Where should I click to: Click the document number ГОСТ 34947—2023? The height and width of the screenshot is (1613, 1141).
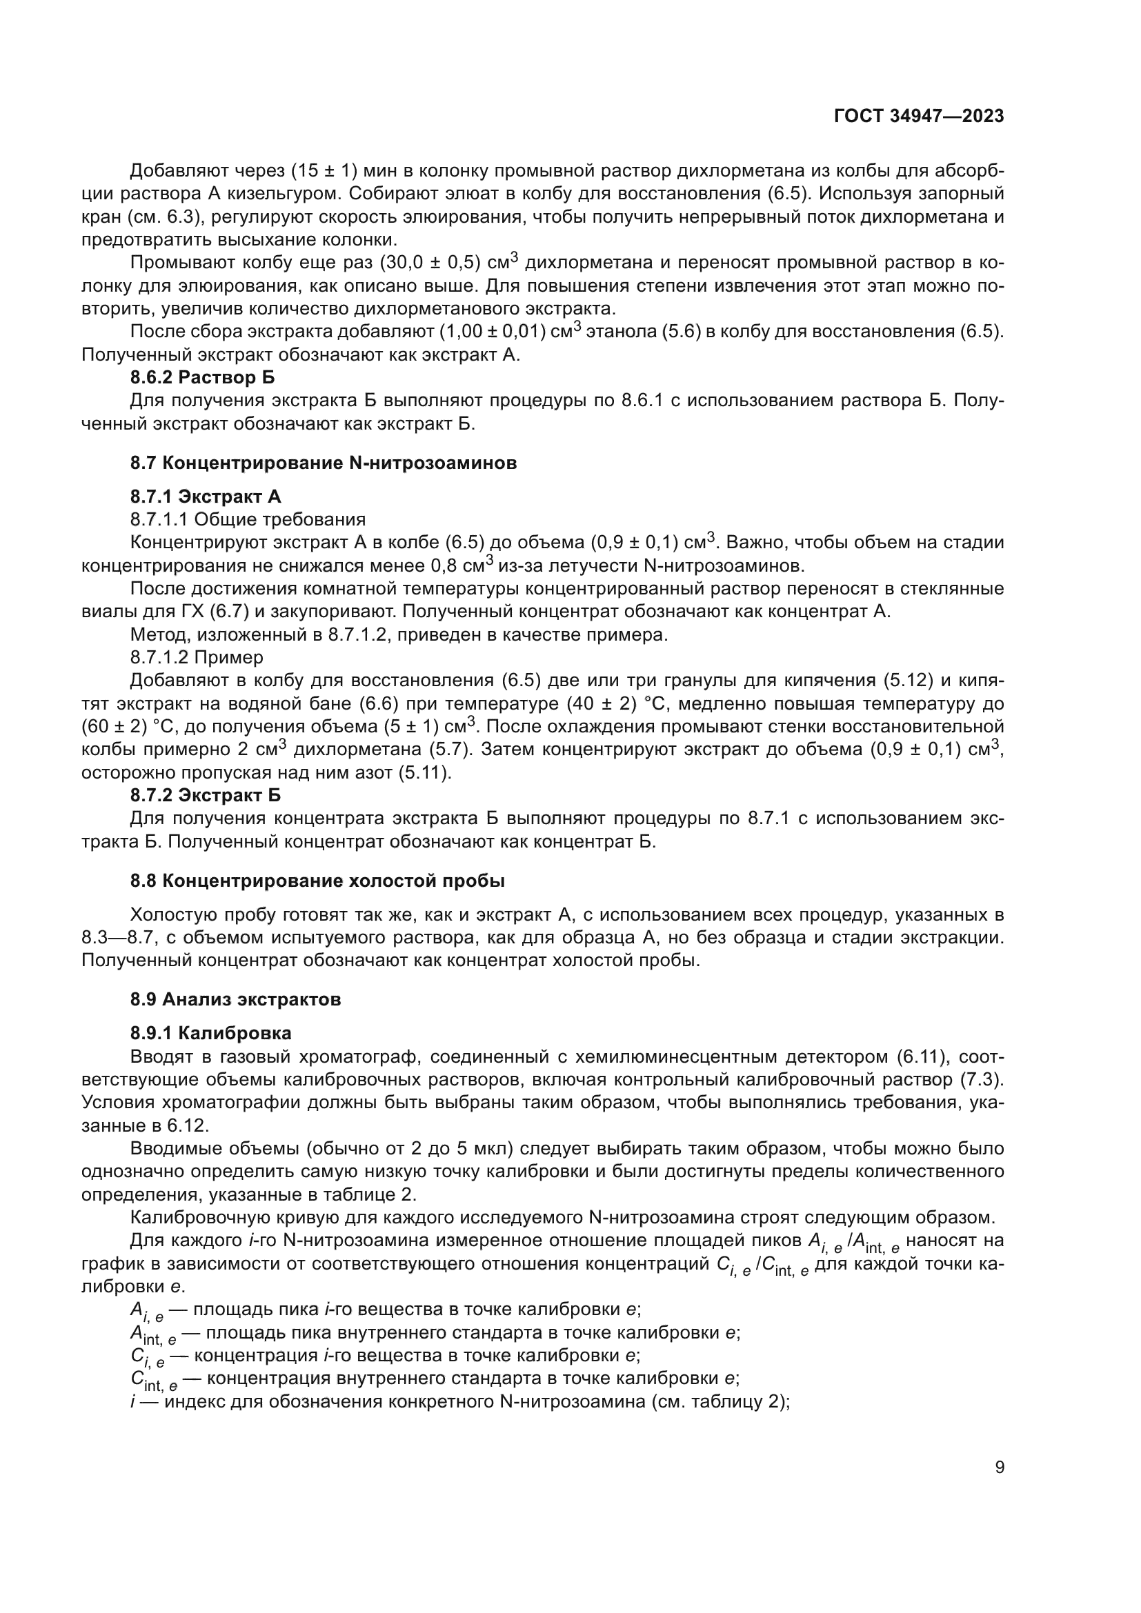[919, 116]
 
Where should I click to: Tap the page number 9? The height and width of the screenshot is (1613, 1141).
[999, 1467]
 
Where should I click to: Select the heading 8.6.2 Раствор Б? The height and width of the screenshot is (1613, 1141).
[202, 377]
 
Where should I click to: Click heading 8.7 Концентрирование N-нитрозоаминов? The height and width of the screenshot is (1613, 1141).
[323, 463]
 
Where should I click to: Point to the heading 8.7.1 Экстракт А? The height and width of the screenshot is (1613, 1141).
[205, 497]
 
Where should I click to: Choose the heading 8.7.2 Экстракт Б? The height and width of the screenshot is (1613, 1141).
[205, 795]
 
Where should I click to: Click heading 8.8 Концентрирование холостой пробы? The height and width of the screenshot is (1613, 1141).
[317, 881]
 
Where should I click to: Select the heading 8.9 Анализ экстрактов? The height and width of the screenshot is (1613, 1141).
[235, 999]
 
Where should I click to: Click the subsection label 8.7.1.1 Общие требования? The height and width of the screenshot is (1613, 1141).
[248, 519]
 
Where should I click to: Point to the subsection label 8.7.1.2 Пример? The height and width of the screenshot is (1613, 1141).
[197, 658]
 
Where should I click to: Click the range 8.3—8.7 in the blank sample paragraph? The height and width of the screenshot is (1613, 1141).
[119, 938]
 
